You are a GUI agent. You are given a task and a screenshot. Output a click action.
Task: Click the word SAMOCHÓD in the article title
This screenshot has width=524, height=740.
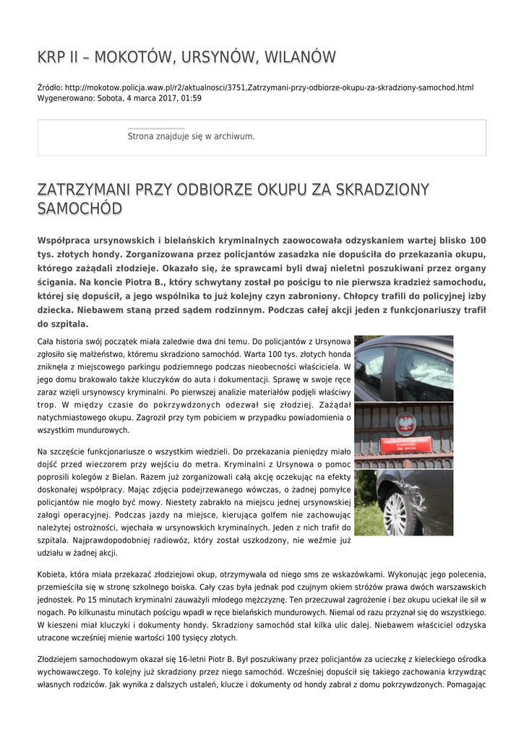coord(79,209)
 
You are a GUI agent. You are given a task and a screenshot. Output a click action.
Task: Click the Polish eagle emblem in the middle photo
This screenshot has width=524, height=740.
coord(405,423)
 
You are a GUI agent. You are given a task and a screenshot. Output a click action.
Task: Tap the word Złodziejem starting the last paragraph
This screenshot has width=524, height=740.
coord(60,659)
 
